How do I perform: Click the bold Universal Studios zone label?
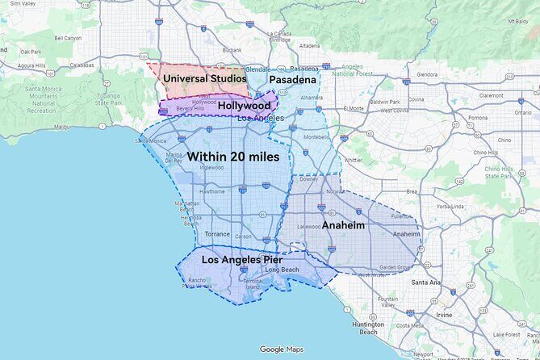tap(204, 78)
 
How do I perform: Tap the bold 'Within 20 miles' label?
tap(233, 156)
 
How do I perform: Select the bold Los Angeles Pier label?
tap(242, 260)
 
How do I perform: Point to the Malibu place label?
tap(61, 127)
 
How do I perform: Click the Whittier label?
tap(354, 160)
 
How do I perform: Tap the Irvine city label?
tap(443, 315)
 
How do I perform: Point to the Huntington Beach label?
tap(368, 328)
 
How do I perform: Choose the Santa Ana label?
tap(425, 283)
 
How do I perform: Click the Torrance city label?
tap(216, 234)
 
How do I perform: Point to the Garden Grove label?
tap(396, 267)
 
